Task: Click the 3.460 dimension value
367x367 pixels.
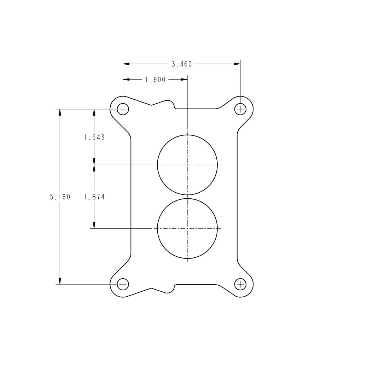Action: pyautogui.click(x=182, y=64)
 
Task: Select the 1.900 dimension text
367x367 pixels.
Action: pyautogui.click(x=156, y=80)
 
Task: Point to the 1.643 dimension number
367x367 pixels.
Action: pyautogui.click(x=94, y=137)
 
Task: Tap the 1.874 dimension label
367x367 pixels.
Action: pyautogui.click(x=94, y=197)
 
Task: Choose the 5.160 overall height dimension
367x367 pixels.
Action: pyautogui.click(x=60, y=197)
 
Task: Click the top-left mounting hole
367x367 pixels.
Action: pyautogui.click(x=123, y=109)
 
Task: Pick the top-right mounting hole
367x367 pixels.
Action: pyautogui.click(x=240, y=109)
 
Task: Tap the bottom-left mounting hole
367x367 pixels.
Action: pyautogui.click(x=123, y=284)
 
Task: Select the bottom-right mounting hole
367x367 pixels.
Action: pyautogui.click(x=240, y=284)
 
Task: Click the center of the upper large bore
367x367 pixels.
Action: pyautogui.click(x=187, y=165)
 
